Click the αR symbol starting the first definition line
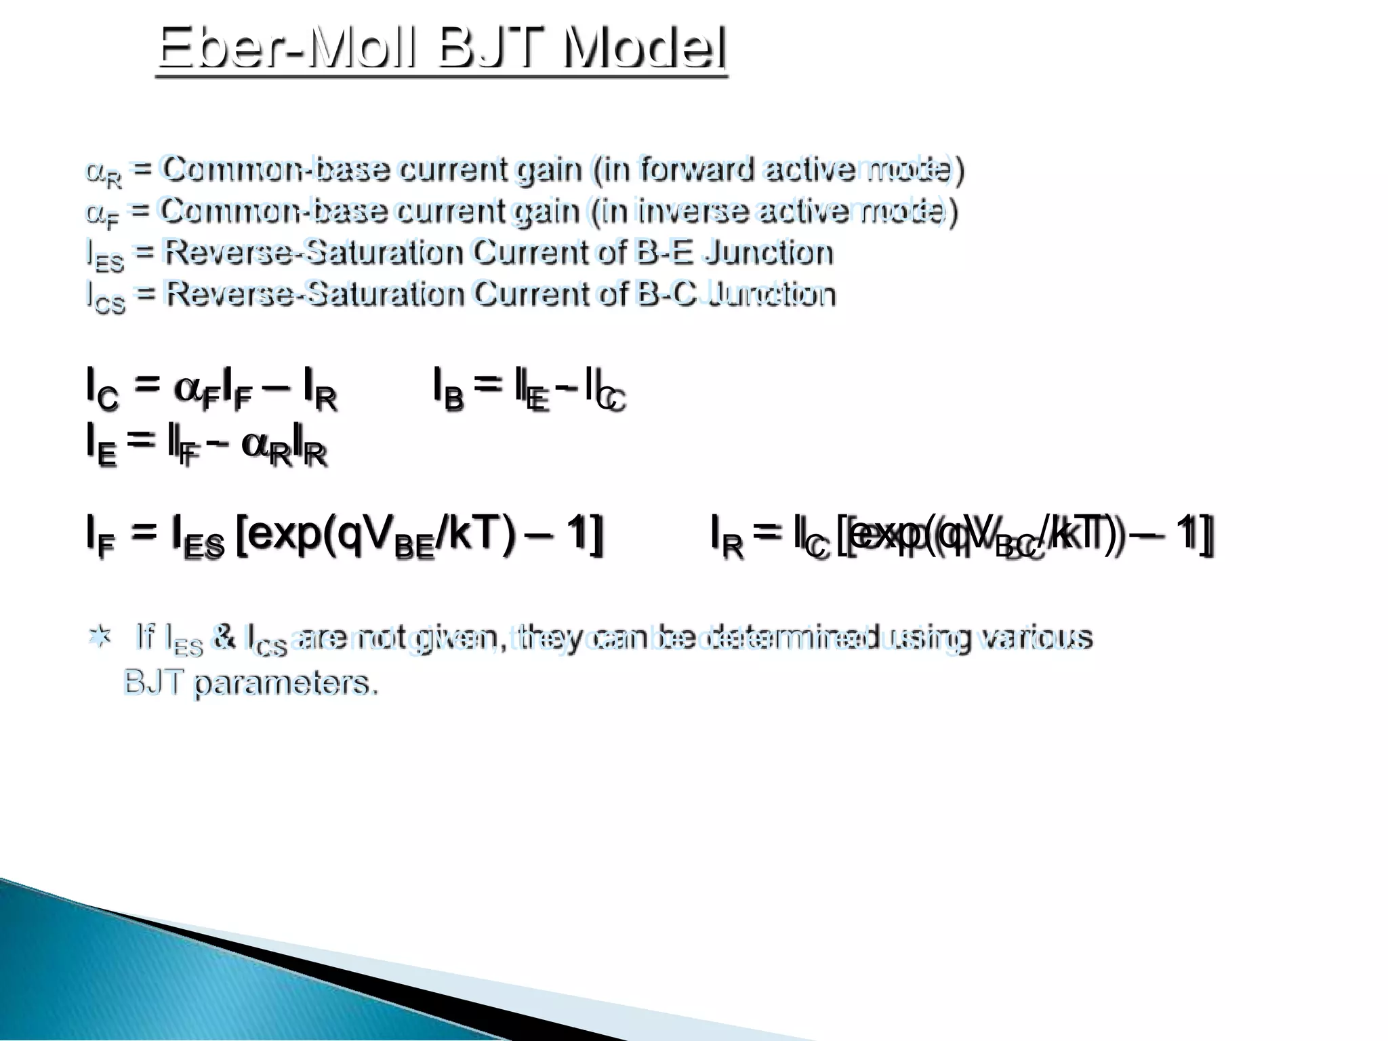click(104, 173)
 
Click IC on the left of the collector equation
click(102, 389)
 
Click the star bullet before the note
click(101, 637)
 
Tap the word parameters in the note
click(285, 683)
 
